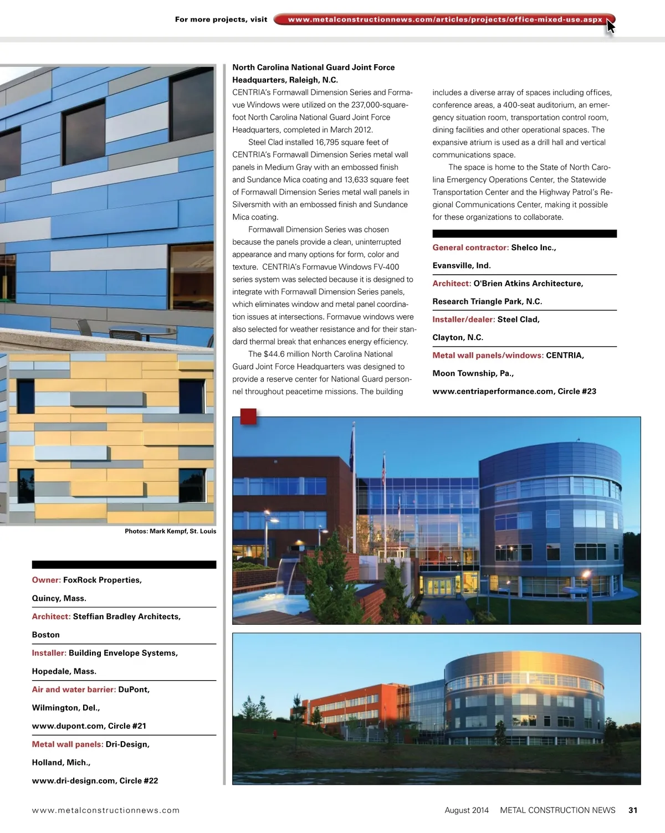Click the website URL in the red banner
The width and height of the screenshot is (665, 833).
(x=445, y=19)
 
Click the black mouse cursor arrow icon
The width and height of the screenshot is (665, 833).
(x=610, y=26)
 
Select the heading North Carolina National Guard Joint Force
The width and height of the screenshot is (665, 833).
(x=314, y=67)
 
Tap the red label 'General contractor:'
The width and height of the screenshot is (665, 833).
(x=470, y=248)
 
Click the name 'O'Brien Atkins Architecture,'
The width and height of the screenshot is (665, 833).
(x=528, y=284)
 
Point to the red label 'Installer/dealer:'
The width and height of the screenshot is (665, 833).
(x=464, y=320)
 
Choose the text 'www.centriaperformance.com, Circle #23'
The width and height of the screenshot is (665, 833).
(x=514, y=391)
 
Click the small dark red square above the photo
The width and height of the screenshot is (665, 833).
(x=248, y=416)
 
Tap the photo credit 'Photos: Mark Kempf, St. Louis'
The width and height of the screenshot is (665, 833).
(x=170, y=531)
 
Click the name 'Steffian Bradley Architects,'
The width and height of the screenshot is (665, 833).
(x=127, y=616)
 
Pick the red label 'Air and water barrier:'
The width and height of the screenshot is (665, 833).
(x=74, y=690)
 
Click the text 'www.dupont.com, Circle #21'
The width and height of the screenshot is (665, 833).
(x=89, y=726)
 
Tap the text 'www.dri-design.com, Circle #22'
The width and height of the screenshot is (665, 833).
(x=95, y=780)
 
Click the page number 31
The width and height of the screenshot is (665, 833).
(x=633, y=810)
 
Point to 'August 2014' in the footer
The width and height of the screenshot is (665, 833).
(x=467, y=810)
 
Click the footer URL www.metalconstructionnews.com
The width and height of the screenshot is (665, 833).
(x=106, y=810)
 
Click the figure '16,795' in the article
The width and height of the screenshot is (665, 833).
(x=328, y=142)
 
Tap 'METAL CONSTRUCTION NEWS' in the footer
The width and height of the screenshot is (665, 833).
(x=557, y=810)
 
